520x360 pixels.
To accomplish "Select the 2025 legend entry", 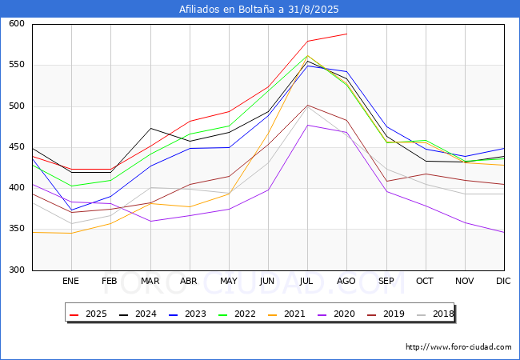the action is (x=88, y=314).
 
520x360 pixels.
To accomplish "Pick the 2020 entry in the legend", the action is (x=336, y=314).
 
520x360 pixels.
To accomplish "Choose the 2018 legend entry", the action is (x=435, y=314).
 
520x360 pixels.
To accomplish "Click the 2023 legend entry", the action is (x=187, y=314).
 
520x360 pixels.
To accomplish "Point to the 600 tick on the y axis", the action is (x=17, y=23).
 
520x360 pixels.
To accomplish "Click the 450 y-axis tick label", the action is (x=17, y=147).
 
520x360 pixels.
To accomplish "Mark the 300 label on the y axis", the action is (x=17, y=270).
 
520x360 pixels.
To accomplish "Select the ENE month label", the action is (x=70, y=281).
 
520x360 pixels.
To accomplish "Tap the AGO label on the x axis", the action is (x=346, y=281).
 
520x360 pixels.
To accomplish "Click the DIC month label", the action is (x=503, y=281).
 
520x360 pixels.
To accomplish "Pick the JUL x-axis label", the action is (x=306, y=281).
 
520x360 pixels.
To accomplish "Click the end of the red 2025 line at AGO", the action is (x=347, y=34).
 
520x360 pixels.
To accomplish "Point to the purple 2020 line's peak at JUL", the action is (x=308, y=125).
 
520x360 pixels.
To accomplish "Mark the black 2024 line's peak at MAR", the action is (x=151, y=128).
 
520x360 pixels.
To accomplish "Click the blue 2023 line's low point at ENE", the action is (x=72, y=210).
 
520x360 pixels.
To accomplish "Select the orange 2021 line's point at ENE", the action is (x=72, y=234).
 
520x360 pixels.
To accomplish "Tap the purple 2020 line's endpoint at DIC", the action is (x=504, y=232).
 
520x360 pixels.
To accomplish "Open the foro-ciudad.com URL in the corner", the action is (x=458, y=347).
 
